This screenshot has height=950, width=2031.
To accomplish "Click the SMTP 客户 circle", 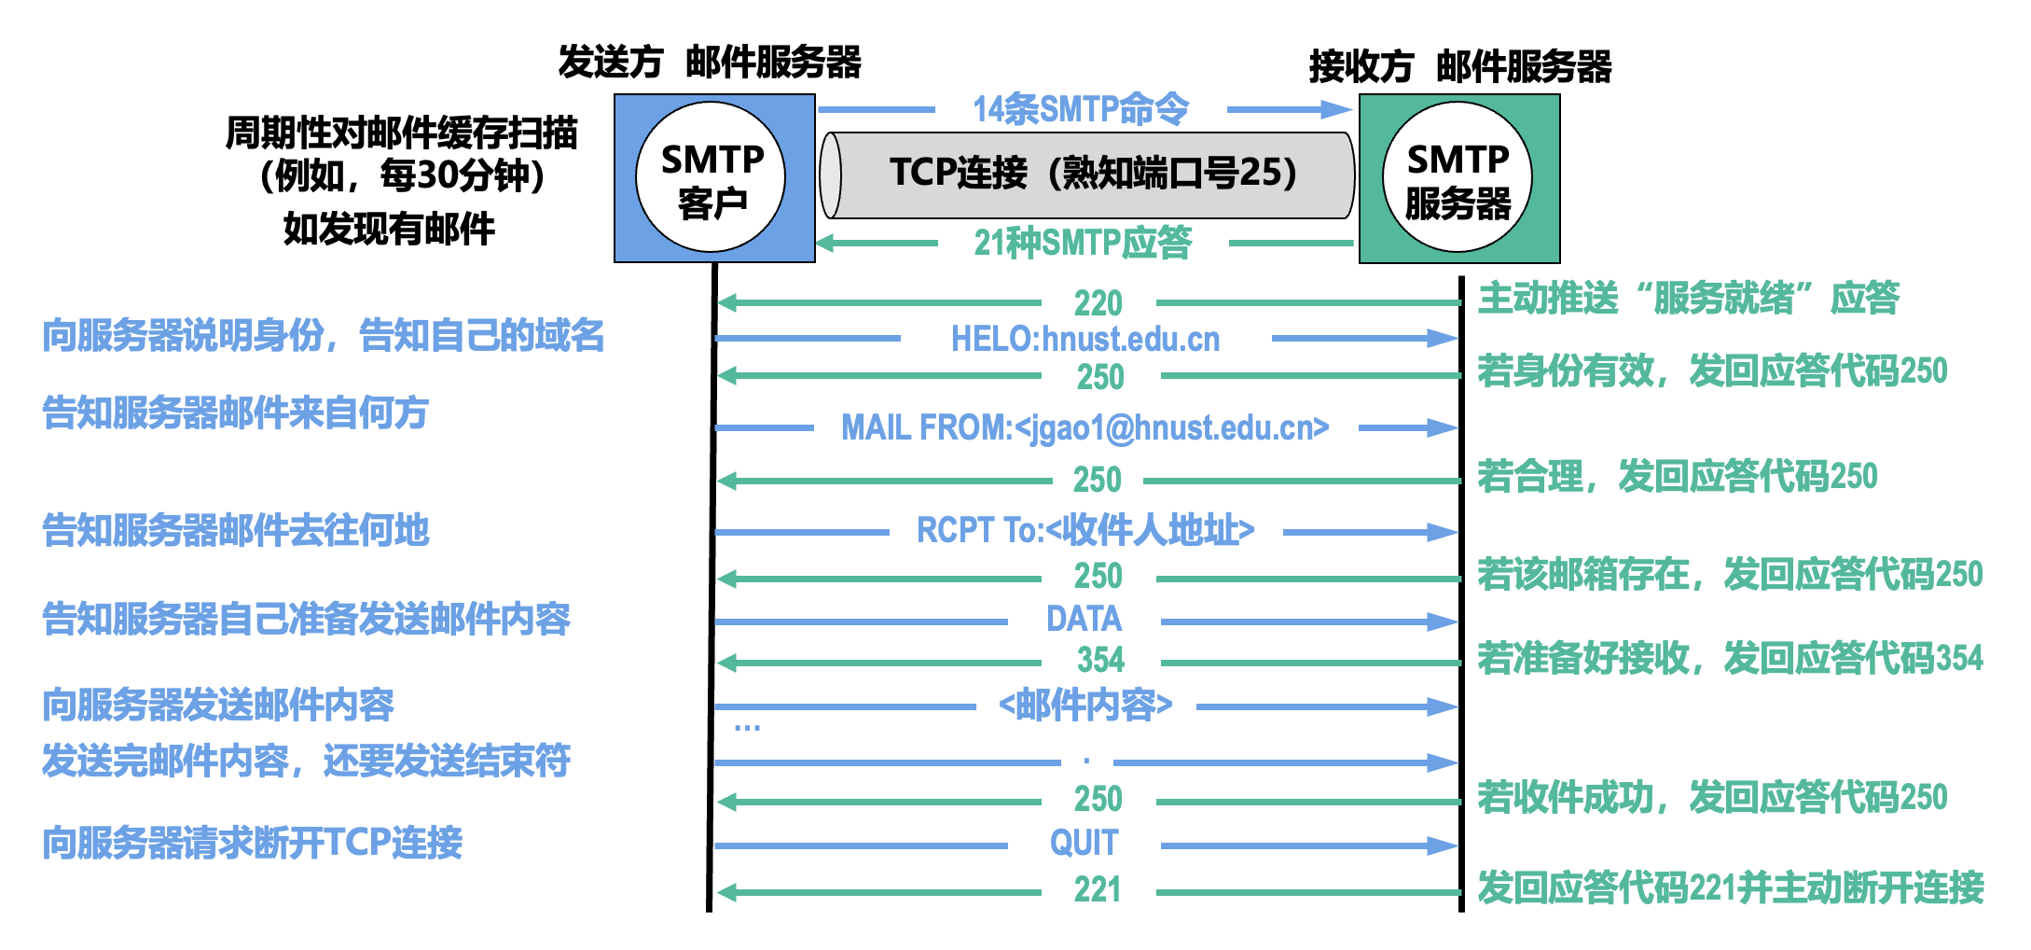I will click(711, 177).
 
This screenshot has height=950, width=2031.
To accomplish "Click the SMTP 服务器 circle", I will click(1458, 177).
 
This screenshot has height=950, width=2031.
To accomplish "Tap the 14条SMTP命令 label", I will click(1081, 109).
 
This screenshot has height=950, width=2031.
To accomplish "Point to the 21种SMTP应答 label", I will click(1083, 243).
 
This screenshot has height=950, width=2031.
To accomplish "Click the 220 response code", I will click(1098, 303).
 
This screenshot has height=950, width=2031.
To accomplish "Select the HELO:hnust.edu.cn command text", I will click(1085, 339).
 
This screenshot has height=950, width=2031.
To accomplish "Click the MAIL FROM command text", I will click(1085, 427).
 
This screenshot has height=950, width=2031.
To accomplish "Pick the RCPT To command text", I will click(1085, 530).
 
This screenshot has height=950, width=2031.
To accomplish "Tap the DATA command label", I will click(1084, 619).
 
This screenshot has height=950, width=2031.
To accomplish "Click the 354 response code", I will click(1100, 660).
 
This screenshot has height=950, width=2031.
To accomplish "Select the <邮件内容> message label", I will click(1085, 705).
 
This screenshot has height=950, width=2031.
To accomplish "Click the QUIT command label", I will click(1084, 843).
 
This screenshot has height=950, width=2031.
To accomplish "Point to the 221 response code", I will click(1098, 889).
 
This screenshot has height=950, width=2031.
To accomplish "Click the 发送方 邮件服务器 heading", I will click(710, 63).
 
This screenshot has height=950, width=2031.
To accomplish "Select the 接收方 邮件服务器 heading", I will click(1460, 66).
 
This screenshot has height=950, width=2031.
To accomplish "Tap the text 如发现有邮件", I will click(389, 228).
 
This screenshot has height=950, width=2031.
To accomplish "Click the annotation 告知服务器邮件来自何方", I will click(235, 412).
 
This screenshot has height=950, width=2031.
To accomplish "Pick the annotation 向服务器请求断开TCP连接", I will click(252, 843).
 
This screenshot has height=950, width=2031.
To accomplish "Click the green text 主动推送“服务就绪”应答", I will click(1689, 298).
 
